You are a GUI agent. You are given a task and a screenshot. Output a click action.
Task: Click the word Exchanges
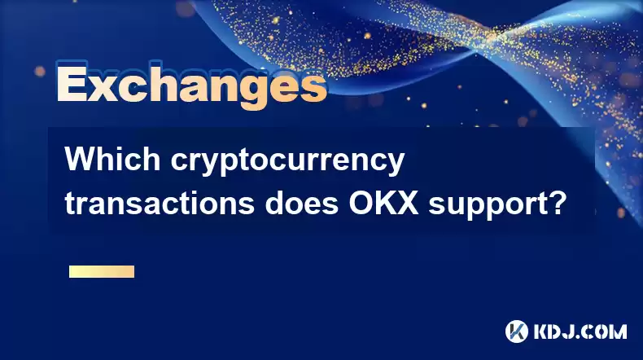191,86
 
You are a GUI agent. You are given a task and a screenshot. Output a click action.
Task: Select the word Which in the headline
112,160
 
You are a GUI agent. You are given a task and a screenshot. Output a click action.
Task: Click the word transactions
160,203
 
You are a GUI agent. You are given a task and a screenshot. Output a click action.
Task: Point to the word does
301,203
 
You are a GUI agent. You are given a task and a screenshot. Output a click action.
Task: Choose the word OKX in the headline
383,203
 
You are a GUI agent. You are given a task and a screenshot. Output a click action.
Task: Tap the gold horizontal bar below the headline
102,271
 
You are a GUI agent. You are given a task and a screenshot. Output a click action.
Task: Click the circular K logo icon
517,331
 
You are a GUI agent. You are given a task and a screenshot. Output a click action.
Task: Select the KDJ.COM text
580,331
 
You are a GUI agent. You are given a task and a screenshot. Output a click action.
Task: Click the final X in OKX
407,203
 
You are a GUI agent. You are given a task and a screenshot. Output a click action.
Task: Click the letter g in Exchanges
255,92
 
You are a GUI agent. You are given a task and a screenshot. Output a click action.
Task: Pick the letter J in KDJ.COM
571,331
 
